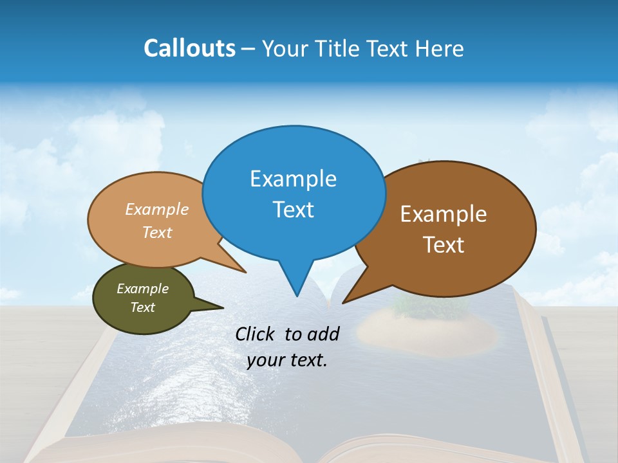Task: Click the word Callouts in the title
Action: pos(189,48)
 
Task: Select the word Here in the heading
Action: pos(440,48)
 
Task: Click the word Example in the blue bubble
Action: pos(293,179)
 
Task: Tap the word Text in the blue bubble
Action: pos(293,210)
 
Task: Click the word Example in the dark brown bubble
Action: pos(444,214)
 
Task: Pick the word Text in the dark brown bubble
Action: pos(444,245)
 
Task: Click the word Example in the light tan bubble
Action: pos(157,209)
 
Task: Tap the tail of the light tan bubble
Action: pos(238,267)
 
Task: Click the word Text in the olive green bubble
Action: pos(143,307)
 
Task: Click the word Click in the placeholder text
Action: pos(257,334)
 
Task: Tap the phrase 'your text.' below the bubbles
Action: pos(287,360)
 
